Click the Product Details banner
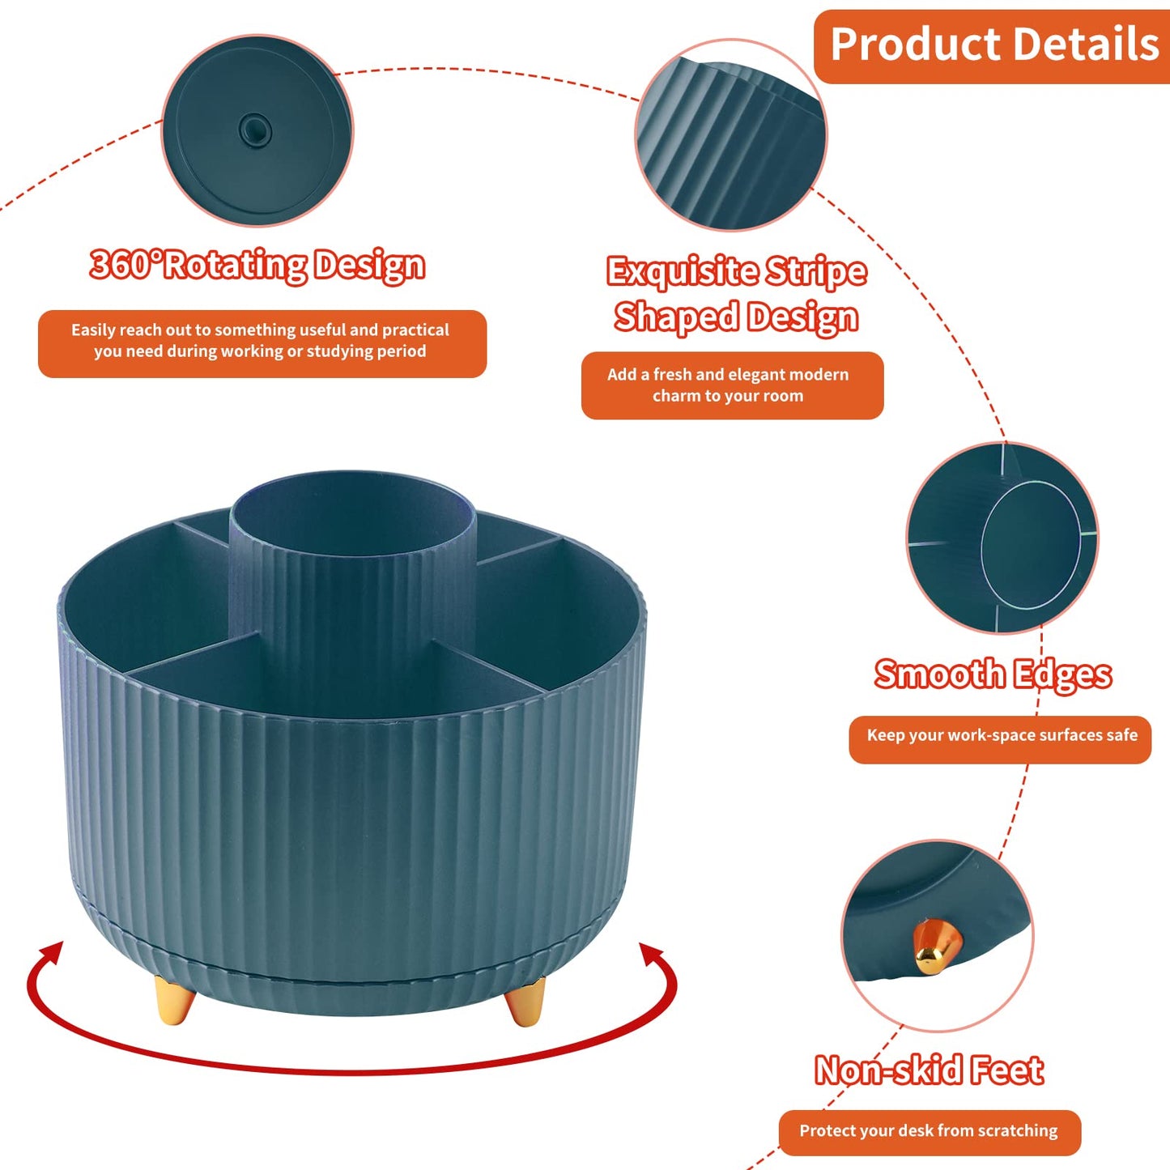click(992, 46)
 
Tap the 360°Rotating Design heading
click(257, 265)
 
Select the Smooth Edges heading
click(993, 674)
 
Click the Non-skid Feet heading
click(929, 1070)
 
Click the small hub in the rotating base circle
click(254, 129)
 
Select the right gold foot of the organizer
click(525, 1001)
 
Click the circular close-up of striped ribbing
click(731, 134)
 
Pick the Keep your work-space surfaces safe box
click(1000, 739)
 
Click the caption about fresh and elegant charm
click(732, 385)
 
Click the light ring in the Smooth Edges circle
click(1031, 546)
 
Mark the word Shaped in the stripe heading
click(676, 317)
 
